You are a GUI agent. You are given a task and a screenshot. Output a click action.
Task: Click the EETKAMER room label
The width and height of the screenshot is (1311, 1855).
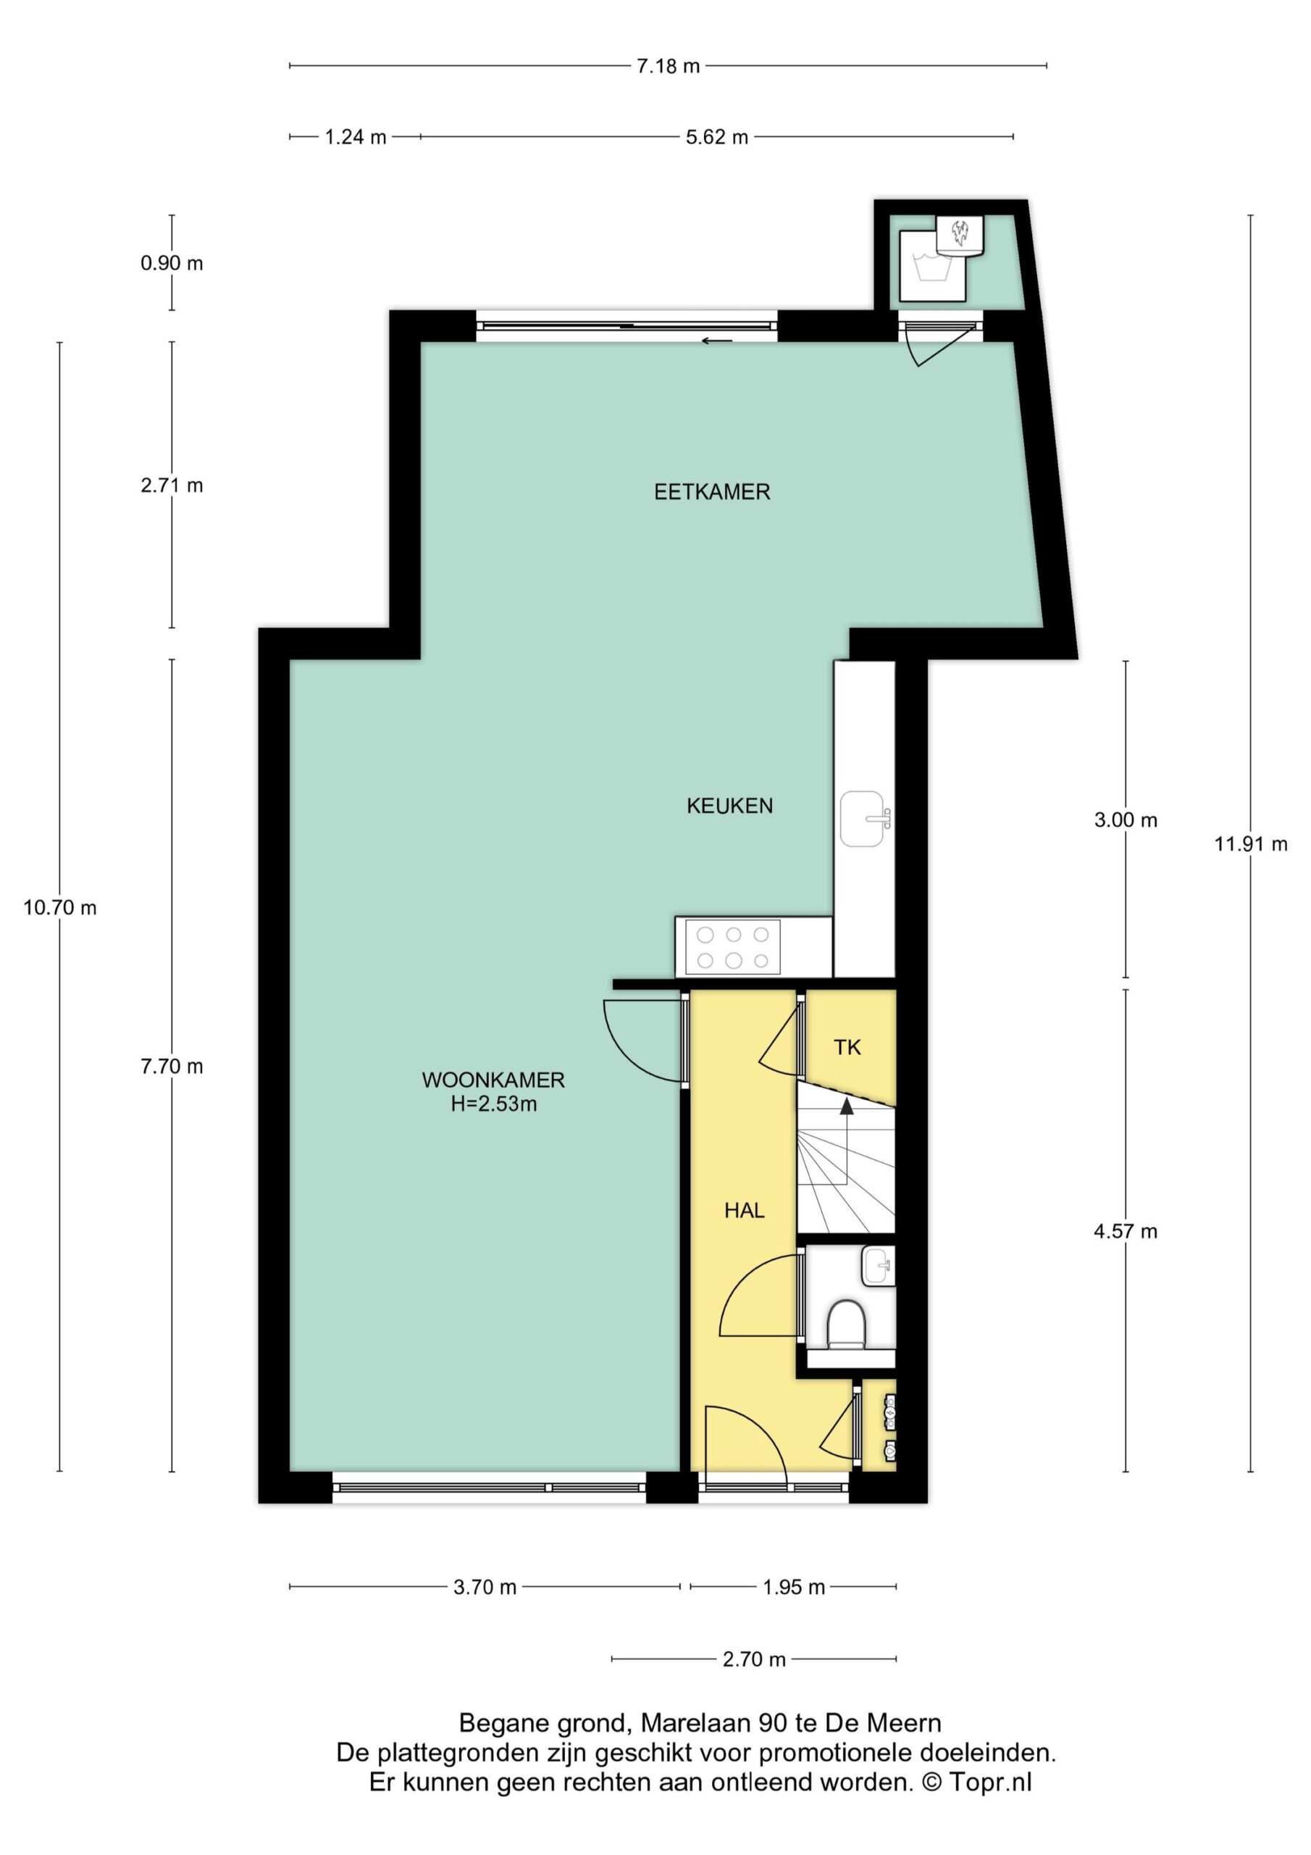tap(712, 492)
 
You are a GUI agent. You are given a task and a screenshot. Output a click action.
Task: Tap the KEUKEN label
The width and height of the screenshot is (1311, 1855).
tap(729, 806)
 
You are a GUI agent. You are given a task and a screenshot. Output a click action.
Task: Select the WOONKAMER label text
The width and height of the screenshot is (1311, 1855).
tap(493, 1080)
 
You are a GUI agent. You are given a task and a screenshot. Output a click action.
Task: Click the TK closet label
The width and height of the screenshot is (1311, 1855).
tap(847, 1048)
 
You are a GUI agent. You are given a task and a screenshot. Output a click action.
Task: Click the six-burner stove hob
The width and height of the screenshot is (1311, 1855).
tap(733, 947)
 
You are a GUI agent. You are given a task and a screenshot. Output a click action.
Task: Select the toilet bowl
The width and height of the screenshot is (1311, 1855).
tap(847, 1323)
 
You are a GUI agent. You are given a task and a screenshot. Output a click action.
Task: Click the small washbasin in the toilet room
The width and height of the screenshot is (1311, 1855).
tap(878, 1266)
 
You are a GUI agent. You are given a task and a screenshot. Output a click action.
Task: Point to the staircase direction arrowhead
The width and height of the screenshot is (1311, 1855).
tap(847, 1106)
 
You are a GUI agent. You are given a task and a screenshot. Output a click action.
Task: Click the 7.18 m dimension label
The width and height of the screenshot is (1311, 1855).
tap(668, 66)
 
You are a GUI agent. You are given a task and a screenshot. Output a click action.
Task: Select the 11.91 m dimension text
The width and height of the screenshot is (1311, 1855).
tap(1250, 844)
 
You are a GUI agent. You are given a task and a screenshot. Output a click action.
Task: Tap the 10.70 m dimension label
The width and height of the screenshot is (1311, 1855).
tap(60, 907)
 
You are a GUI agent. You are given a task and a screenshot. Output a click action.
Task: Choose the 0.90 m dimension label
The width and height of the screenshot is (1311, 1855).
tap(172, 263)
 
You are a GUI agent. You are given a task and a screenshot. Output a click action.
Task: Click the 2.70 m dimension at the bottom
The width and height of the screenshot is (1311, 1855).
tap(753, 1659)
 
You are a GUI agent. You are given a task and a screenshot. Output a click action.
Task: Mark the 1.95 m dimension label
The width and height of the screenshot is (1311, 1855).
tap(794, 1588)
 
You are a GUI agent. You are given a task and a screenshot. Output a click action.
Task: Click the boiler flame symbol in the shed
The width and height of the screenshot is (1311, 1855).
tap(960, 233)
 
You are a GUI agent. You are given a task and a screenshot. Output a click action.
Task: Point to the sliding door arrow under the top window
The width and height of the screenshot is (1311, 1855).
tap(716, 341)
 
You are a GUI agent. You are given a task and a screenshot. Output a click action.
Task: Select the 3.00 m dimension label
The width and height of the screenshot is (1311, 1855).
tap(1125, 820)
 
